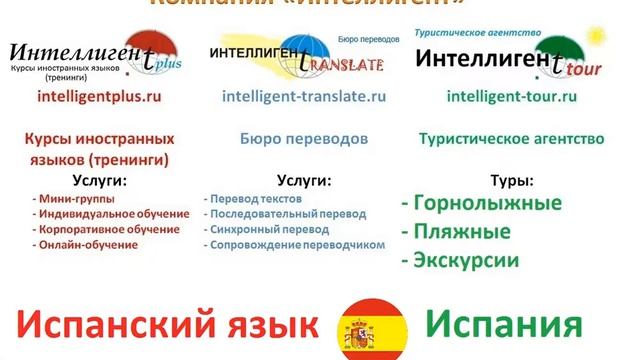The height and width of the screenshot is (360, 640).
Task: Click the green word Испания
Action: click(x=503, y=325)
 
